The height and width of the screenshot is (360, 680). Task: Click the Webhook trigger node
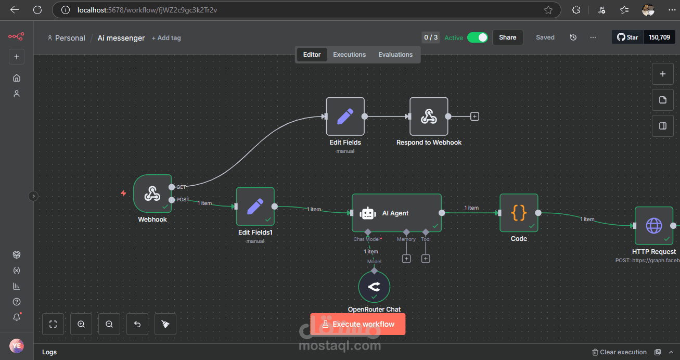click(152, 194)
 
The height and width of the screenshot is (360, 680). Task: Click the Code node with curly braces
click(519, 213)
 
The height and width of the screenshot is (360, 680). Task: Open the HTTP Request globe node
click(653, 226)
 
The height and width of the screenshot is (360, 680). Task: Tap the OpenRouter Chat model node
click(374, 287)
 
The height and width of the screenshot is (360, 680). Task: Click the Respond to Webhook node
click(429, 117)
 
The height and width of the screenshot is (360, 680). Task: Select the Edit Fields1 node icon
click(255, 207)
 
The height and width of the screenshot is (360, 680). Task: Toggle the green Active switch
click(477, 37)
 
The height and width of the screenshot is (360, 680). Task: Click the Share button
click(507, 37)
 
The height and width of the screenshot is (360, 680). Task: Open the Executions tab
click(349, 55)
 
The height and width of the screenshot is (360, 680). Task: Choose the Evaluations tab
click(395, 55)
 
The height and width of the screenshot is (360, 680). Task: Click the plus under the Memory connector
click(406, 259)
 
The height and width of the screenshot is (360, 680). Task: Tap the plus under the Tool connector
click(426, 259)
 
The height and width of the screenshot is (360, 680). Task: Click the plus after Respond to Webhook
click(474, 117)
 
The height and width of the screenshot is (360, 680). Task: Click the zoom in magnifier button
click(81, 324)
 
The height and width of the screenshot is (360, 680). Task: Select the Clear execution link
click(620, 352)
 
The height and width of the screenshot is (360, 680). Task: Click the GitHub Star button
click(627, 37)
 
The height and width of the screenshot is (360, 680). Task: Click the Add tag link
click(166, 38)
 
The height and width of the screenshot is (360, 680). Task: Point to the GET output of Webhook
click(172, 187)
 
